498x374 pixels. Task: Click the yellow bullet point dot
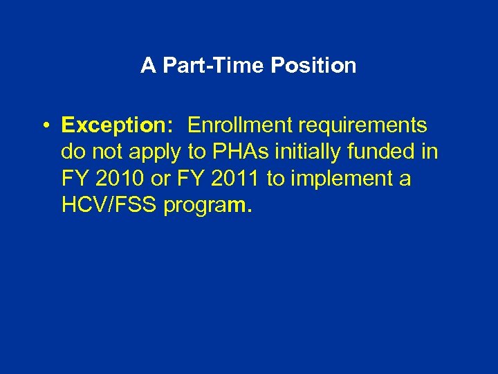point(44,126)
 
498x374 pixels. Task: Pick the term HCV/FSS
point(109,206)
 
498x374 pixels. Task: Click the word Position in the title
point(313,66)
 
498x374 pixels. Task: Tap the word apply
point(155,153)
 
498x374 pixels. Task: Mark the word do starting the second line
point(72,152)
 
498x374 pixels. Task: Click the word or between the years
point(160,179)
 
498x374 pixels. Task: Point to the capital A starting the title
point(147,66)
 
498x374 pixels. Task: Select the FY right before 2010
point(74,179)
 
